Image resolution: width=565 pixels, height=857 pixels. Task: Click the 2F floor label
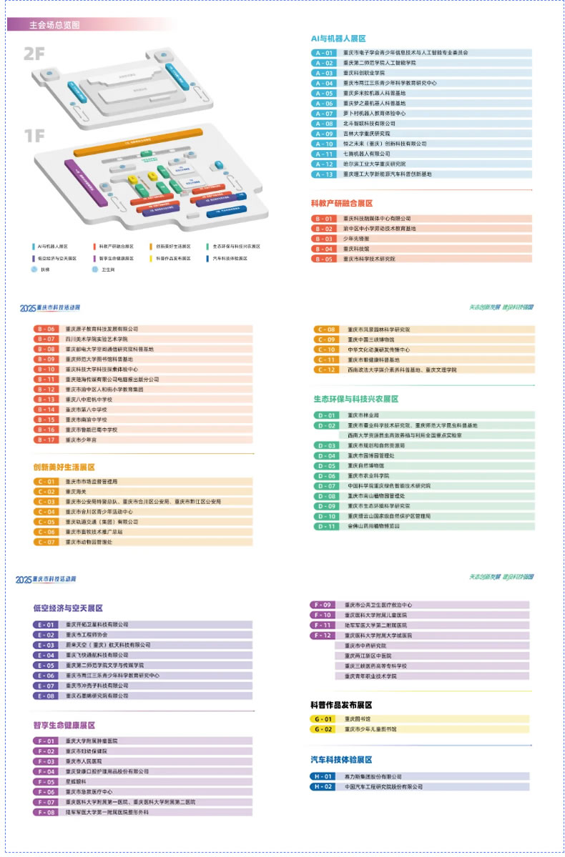[x=35, y=53]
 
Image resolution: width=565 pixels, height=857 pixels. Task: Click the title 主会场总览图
[x=54, y=24]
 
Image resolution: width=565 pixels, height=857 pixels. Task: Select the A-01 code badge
[x=324, y=53]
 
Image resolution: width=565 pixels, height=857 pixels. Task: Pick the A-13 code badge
[x=324, y=174]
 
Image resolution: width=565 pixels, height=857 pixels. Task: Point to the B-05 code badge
[x=324, y=259]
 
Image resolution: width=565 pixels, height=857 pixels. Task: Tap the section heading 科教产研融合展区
[x=341, y=204]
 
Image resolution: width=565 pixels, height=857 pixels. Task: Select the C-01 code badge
[x=46, y=482]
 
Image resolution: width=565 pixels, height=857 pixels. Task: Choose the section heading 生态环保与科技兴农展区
[x=355, y=399]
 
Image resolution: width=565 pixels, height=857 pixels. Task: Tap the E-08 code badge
[x=46, y=695]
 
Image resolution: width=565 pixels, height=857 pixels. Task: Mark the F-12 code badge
[x=322, y=635]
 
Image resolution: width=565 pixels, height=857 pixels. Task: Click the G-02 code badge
[x=322, y=729]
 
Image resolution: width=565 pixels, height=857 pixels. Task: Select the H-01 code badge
[x=322, y=776]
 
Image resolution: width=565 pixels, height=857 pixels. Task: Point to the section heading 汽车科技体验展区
[x=341, y=759]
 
